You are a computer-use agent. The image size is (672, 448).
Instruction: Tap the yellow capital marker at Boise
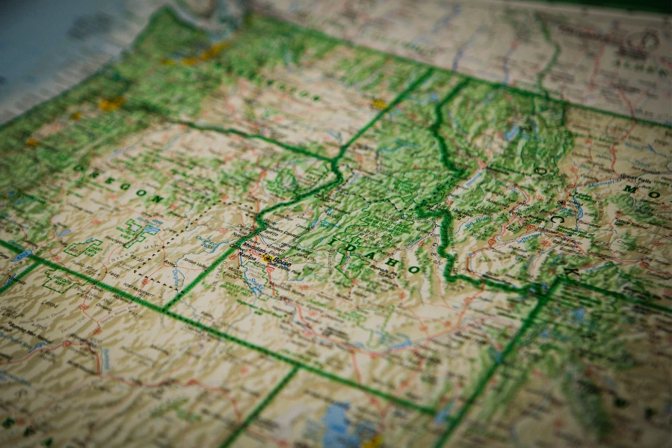coord(267,258)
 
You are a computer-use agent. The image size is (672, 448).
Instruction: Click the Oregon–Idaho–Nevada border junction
coord(164,308)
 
